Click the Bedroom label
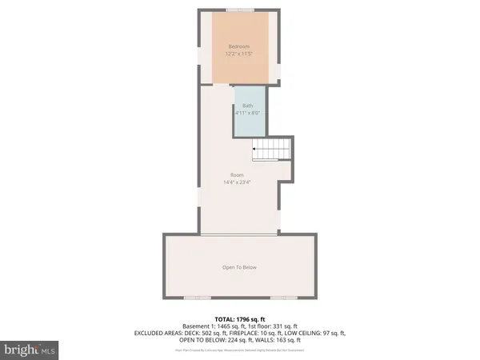239,46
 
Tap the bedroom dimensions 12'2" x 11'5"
239,54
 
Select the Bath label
248,106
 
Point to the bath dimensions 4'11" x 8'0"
248,113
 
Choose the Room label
237,175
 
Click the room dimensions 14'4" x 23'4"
237,182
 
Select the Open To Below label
239,267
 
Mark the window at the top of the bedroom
239,10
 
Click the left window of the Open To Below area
197,298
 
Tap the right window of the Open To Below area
282,298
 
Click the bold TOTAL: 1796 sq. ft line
239,318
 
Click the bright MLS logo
30,350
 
